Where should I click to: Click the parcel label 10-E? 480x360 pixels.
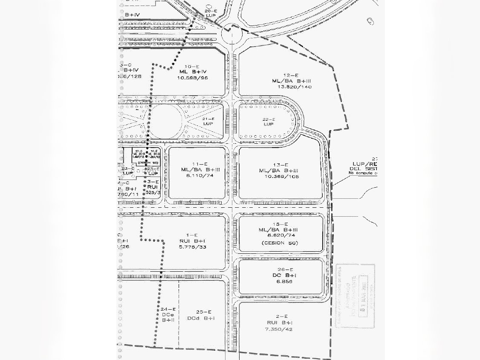coord(192,67)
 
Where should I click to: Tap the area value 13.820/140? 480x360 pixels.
coord(295,87)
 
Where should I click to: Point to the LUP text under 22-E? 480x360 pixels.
coord(268,124)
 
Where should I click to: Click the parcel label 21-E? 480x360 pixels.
coord(208,119)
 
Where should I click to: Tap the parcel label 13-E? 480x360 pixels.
coord(281,165)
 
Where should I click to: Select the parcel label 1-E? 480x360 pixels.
coord(192,235)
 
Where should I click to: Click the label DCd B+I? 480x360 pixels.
coord(201,318)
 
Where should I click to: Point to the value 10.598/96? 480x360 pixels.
coord(192,78)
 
